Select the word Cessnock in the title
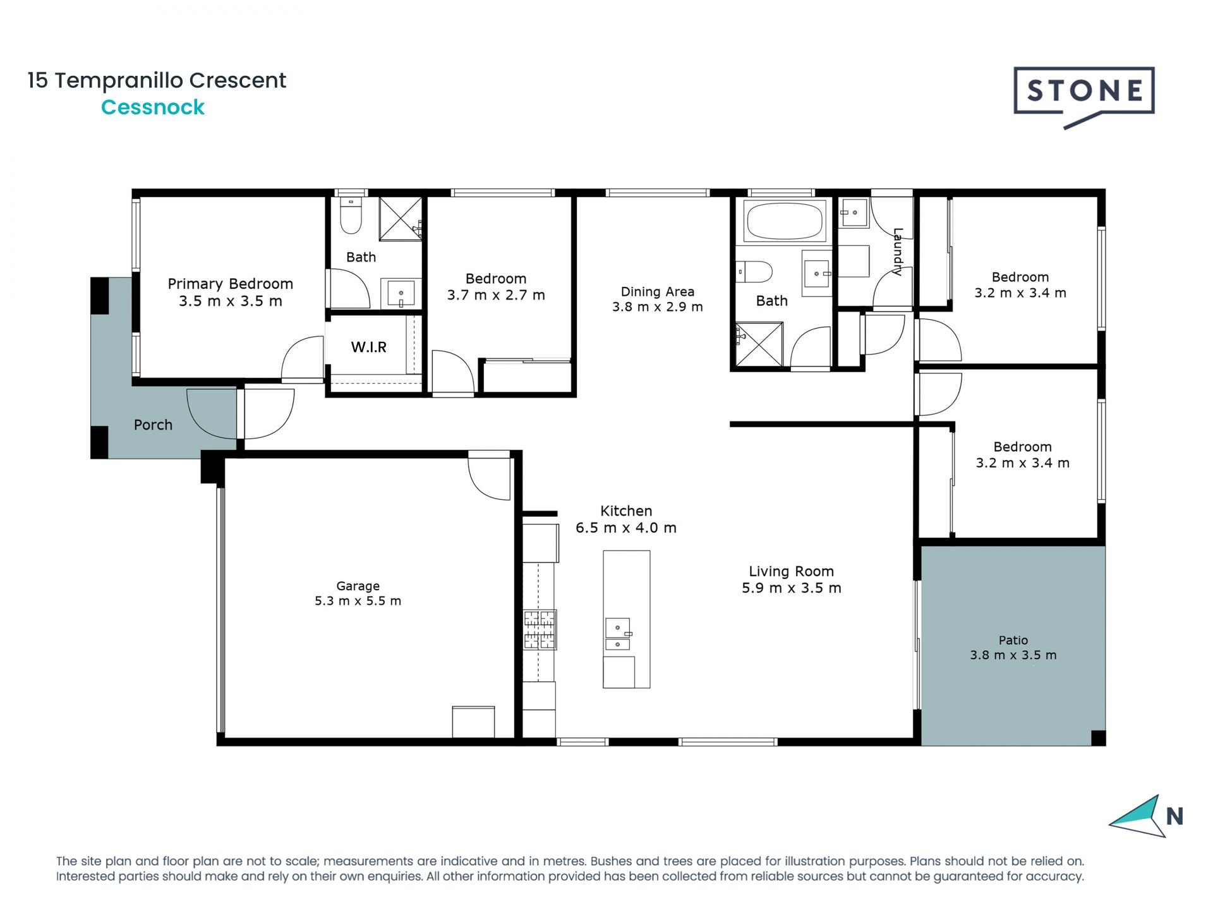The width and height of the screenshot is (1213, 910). pos(153,107)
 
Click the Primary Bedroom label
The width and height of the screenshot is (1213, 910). pos(230,284)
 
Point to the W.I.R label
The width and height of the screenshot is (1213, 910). pos(368,347)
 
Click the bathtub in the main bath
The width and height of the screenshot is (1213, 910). pos(785,221)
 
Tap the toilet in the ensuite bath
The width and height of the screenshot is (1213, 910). pos(351,215)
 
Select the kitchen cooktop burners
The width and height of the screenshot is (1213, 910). pos(540,629)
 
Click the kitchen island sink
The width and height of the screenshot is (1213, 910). pos(618,634)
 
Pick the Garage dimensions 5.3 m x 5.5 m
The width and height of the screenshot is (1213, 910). pos(358,601)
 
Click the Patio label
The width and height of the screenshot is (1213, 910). pos(1013,640)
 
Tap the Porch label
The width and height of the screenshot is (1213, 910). pos(153,425)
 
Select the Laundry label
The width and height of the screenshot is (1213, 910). pos(898,252)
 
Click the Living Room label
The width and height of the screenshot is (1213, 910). pos(791,571)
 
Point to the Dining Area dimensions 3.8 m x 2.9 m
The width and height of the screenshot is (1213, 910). pos(657,307)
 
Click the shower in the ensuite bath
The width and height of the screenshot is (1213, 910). pos(401,219)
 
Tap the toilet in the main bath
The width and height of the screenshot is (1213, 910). pos(754,272)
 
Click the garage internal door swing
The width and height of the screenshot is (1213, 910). pos(489,475)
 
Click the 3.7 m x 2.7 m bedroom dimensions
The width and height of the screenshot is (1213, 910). pos(496,295)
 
